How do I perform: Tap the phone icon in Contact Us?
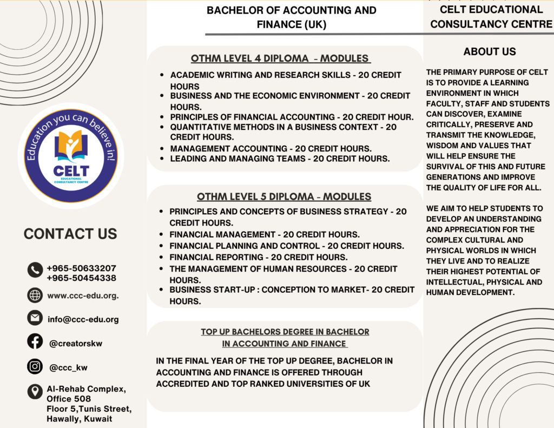coord(35,269)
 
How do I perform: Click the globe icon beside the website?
coord(35,295)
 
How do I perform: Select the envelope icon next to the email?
coord(35,318)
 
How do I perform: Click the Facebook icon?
coord(35,342)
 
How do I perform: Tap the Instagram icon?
coord(35,367)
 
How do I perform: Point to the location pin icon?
coord(35,392)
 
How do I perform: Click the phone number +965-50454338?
coord(81,278)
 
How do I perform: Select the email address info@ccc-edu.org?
coord(83,319)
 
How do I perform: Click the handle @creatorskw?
coord(75,343)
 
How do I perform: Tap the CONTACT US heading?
coord(70,234)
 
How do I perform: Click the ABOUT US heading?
coord(490,52)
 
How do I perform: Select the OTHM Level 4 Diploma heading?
coord(280,58)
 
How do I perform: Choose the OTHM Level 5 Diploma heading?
coord(284,196)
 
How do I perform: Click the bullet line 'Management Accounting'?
coord(271,148)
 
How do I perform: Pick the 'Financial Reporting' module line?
coord(259,257)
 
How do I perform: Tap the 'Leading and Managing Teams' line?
coord(280,159)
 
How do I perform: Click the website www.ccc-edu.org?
coord(83,295)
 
